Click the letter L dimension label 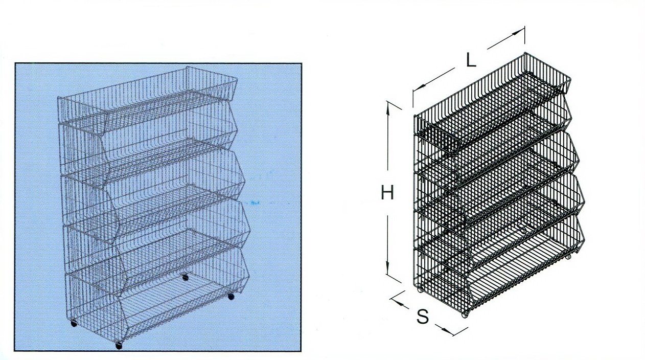pos(471,61)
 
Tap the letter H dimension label pos(387,192)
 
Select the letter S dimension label pos(423,316)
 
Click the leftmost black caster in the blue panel pos(74,324)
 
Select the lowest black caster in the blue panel pos(119,346)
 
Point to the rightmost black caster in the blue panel pos(231,297)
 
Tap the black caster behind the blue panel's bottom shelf pos(186,278)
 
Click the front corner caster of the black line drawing pos(464,315)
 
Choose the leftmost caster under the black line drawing pos(420,290)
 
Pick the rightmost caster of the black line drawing pos(568,257)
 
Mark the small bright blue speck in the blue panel pos(255,203)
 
